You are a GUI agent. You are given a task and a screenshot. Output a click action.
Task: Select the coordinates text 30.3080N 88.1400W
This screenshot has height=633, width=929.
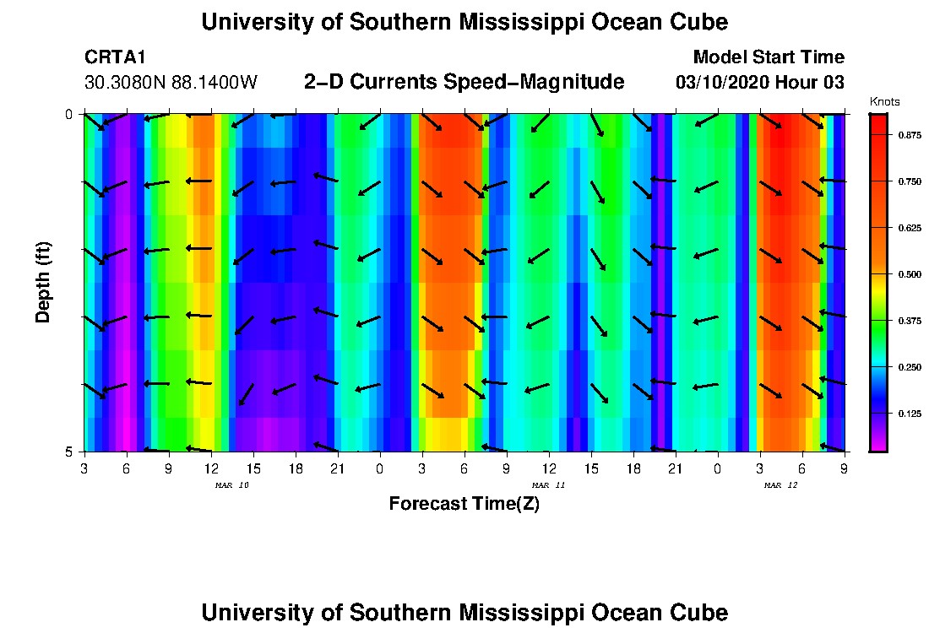click(171, 83)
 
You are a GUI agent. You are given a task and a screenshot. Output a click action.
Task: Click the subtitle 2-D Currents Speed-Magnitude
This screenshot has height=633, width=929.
click(464, 82)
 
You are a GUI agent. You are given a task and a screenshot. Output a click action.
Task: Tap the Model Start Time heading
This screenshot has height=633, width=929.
click(768, 57)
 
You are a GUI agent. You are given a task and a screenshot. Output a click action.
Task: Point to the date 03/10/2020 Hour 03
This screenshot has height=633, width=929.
click(760, 83)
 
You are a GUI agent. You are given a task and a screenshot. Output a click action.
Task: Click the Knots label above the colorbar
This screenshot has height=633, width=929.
click(884, 102)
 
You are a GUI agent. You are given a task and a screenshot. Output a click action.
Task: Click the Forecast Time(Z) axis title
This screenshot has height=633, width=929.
click(464, 504)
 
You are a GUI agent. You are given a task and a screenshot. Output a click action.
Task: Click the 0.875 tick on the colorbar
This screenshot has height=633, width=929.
click(910, 135)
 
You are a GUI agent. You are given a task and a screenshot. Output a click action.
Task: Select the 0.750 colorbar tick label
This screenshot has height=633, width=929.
click(910, 181)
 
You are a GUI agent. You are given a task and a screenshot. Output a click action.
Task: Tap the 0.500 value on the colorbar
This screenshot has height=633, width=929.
click(910, 274)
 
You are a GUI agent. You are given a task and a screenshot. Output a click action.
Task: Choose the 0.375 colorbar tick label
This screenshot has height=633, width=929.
click(910, 321)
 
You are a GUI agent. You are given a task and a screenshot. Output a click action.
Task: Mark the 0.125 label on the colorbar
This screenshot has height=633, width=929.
click(910, 414)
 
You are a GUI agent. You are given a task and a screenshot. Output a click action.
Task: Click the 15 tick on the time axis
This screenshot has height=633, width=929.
click(591, 468)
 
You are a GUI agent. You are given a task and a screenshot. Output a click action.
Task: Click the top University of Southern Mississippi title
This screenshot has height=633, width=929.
click(464, 22)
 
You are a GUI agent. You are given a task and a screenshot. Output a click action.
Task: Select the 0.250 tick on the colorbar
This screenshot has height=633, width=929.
click(910, 367)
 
